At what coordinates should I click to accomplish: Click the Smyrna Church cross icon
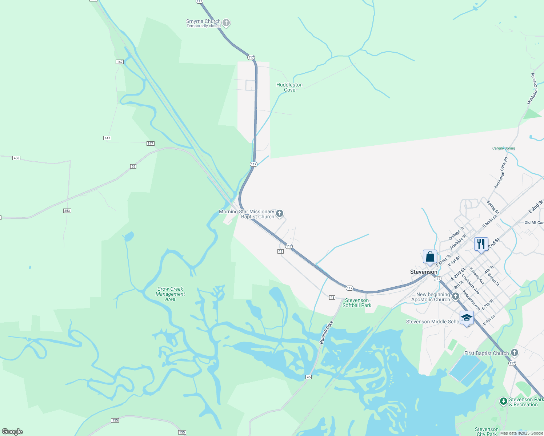tap(226, 23)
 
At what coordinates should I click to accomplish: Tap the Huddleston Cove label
tap(289, 87)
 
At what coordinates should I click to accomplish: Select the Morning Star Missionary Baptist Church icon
tap(279, 214)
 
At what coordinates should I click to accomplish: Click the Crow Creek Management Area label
tap(170, 294)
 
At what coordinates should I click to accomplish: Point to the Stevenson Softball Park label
tap(357, 303)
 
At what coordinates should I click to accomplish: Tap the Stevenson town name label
tap(424, 272)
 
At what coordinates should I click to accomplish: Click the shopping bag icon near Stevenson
tap(430, 257)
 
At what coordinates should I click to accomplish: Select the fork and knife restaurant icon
tap(481, 244)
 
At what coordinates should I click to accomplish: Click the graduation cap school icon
tap(467, 318)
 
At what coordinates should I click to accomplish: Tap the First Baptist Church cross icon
tap(514, 352)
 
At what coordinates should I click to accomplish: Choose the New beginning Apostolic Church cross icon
tap(456, 297)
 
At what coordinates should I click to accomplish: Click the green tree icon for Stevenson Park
tap(503, 401)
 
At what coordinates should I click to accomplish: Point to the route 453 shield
tap(16, 158)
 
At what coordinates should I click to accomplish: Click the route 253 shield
tap(67, 211)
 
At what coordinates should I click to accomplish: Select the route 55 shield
tap(133, 166)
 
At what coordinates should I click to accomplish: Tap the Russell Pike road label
tap(326, 332)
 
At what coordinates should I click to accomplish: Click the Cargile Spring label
tap(504, 148)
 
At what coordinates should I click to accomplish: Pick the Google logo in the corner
tap(12, 432)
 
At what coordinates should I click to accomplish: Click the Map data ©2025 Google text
tap(521, 433)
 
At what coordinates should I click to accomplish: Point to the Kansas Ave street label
tap(477, 276)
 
